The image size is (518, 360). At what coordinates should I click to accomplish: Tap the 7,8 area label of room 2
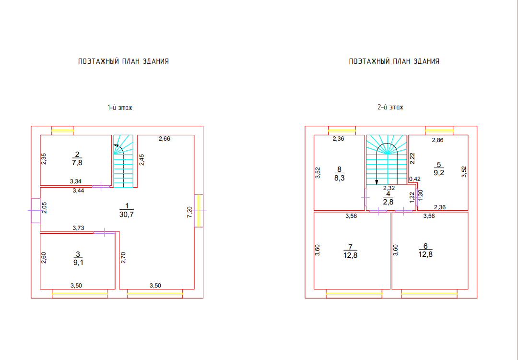77,163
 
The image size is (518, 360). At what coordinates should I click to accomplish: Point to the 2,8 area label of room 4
388,202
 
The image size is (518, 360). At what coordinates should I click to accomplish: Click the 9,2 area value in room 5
438,173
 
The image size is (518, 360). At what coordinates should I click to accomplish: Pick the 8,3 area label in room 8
339,178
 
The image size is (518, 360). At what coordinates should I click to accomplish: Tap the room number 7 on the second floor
351,247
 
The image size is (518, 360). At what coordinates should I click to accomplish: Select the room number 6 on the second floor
425,247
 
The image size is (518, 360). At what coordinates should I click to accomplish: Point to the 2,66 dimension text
165,139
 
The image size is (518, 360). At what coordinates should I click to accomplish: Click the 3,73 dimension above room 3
78,228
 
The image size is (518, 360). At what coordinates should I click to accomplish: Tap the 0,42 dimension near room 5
415,179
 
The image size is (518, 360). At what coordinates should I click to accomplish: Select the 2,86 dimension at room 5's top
438,140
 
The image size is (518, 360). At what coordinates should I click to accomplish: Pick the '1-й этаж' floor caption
119,108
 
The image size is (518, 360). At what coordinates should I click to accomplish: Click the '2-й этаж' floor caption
390,108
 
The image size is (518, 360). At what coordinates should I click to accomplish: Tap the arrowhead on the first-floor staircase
116,145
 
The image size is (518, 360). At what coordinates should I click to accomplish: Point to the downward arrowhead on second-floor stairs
377,182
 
